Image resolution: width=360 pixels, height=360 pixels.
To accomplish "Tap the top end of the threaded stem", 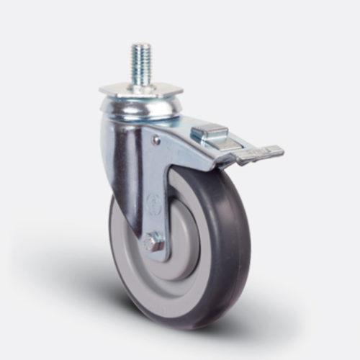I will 140,45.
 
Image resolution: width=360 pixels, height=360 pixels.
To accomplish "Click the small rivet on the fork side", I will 157,141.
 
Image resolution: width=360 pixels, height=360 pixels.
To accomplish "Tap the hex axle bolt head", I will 150,243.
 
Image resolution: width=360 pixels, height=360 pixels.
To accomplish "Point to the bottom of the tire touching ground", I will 176,306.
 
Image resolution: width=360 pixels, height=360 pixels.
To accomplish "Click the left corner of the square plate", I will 100,91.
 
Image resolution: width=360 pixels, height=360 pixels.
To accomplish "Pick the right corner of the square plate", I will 181,91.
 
